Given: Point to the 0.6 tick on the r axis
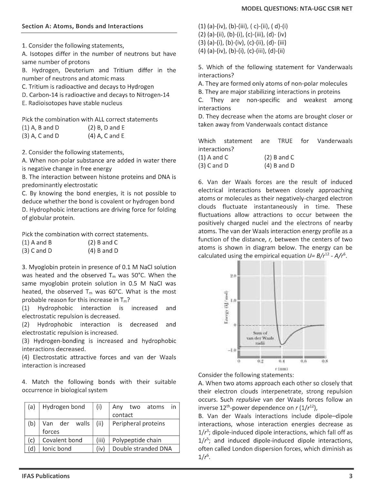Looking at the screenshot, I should [303, 361].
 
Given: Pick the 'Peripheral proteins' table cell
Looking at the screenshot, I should [138, 423].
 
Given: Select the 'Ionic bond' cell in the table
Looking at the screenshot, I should [57, 449].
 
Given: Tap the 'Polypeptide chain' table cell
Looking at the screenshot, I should [136, 440].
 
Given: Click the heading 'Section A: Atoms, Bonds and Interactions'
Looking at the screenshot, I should [82, 26].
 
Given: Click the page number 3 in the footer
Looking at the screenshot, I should [350, 476].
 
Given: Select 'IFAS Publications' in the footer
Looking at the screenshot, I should [45, 476].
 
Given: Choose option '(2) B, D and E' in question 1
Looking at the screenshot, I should [106, 128].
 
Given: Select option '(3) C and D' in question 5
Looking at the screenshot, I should [213, 166].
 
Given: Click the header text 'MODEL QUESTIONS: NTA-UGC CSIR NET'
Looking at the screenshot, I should [297, 9].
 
